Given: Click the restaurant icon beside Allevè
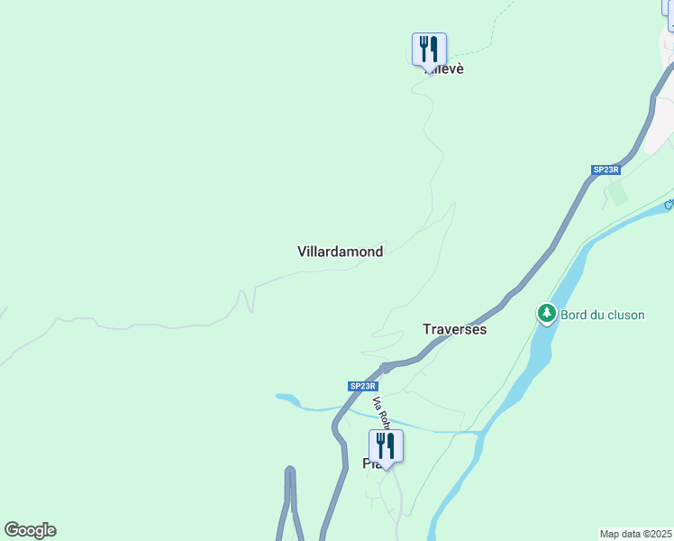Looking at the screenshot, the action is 429,49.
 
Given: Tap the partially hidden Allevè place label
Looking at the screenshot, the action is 448,69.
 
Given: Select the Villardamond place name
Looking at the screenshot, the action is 340,252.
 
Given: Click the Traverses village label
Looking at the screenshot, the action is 454,329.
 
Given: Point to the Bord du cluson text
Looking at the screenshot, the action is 602,315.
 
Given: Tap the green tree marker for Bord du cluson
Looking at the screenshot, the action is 546,314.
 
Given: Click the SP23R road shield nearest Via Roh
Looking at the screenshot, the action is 361,386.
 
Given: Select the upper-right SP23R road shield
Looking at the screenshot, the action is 606,170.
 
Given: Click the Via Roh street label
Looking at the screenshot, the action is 381,412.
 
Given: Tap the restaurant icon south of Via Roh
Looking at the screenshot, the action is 386,445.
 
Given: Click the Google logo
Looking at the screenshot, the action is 30,530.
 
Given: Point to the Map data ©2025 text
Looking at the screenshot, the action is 635,534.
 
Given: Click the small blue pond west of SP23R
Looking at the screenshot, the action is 287,399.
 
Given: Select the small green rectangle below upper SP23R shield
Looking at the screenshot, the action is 617,193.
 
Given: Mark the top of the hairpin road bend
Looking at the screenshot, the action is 290,470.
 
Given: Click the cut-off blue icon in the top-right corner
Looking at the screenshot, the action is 669,14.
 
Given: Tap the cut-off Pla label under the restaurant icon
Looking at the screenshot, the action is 369,464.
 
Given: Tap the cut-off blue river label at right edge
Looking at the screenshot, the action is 669,205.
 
